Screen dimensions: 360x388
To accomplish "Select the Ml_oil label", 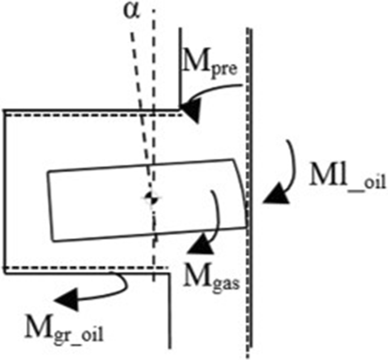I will (347, 177).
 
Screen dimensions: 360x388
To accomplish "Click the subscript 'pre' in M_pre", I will (225, 66).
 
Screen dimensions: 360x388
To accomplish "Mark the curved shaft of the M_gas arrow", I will (215, 215).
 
